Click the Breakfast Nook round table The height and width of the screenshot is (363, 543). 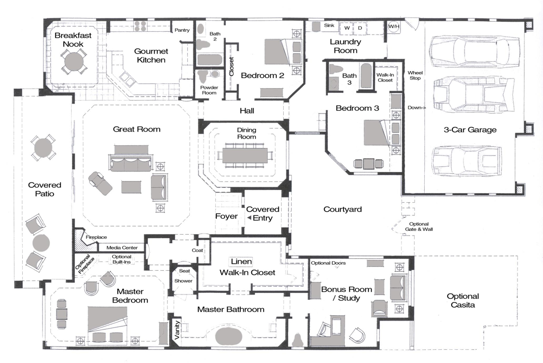(x=74, y=62)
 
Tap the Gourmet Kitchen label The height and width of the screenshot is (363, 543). (x=151, y=56)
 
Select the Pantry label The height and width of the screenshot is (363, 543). (x=182, y=30)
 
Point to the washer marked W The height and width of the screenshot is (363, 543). (x=346, y=28)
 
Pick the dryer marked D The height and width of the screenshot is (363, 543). (x=360, y=28)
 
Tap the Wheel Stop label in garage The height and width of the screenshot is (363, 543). (x=415, y=75)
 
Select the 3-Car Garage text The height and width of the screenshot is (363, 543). (x=470, y=129)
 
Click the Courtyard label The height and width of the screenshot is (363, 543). (x=343, y=209)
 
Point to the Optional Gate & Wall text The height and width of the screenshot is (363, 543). (x=419, y=227)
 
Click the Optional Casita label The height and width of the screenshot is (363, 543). (x=462, y=300)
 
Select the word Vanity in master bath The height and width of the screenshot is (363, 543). (x=177, y=330)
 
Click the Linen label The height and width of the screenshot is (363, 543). (x=241, y=262)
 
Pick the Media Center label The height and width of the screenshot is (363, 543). (x=122, y=247)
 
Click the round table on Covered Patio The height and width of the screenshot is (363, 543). (x=43, y=148)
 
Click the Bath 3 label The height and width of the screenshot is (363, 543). (x=349, y=79)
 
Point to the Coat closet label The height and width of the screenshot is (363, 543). (x=197, y=250)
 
